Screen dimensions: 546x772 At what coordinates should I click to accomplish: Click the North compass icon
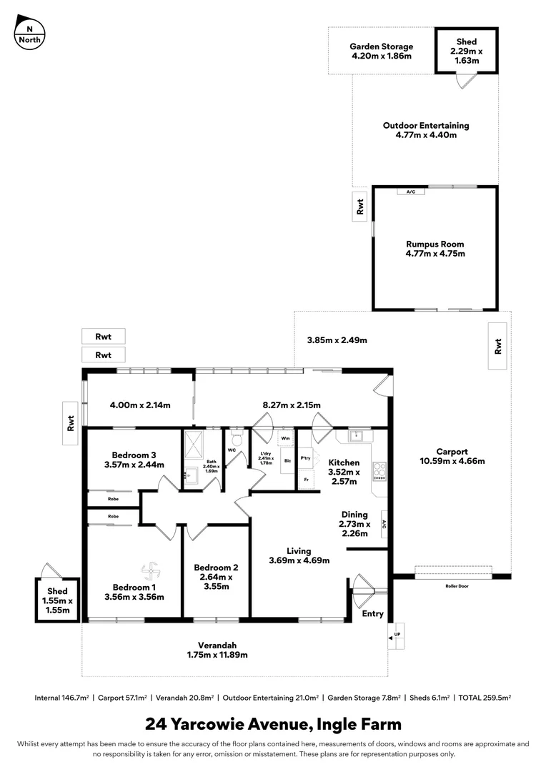(x=29, y=31)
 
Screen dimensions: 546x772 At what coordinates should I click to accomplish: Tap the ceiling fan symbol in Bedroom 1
(x=149, y=570)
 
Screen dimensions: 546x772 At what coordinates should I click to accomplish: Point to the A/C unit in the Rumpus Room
(x=411, y=192)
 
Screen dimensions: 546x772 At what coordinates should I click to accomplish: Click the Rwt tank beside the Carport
(x=498, y=346)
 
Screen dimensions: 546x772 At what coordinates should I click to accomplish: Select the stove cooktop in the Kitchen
(x=379, y=471)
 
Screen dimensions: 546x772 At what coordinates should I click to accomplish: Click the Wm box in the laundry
(x=285, y=437)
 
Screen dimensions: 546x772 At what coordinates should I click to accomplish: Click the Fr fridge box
(x=307, y=480)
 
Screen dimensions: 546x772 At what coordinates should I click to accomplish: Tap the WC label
(x=232, y=450)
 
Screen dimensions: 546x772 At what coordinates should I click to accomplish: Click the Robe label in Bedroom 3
(x=113, y=498)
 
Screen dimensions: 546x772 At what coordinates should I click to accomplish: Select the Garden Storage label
(x=381, y=46)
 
